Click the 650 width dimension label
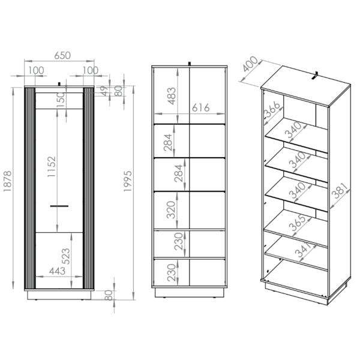pyautogui.click(x=62, y=56)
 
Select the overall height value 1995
pyautogui.click(x=128, y=181)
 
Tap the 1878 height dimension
pyautogui.click(x=8, y=181)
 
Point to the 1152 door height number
pyautogui.click(x=52, y=166)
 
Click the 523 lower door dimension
pyautogui.click(x=65, y=256)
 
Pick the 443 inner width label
pyautogui.click(x=57, y=271)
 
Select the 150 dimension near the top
pyautogui.click(x=61, y=100)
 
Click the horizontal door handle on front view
pyautogui.click(x=59, y=206)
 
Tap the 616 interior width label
pyautogui.click(x=200, y=107)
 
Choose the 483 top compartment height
pyautogui.click(x=172, y=96)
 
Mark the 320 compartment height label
pyautogui.click(x=171, y=209)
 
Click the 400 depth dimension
pyautogui.click(x=250, y=64)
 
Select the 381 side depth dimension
pyautogui.click(x=341, y=191)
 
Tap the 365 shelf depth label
pyautogui.click(x=298, y=223)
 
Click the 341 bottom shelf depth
pyautogui.click(x=303, y=250)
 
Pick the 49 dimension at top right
pyautogui.click(x=105, y=91)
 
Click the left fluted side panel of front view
pyautogui.click(x=29, y=188)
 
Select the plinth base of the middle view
pyautogui.click(x=190, y=293)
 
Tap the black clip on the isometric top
pyautogui.click(x=315, y=76)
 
